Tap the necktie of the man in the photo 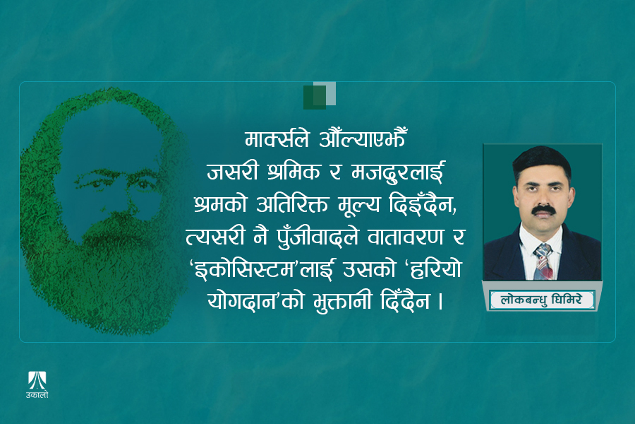(541, 259)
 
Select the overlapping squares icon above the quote (319, 95)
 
